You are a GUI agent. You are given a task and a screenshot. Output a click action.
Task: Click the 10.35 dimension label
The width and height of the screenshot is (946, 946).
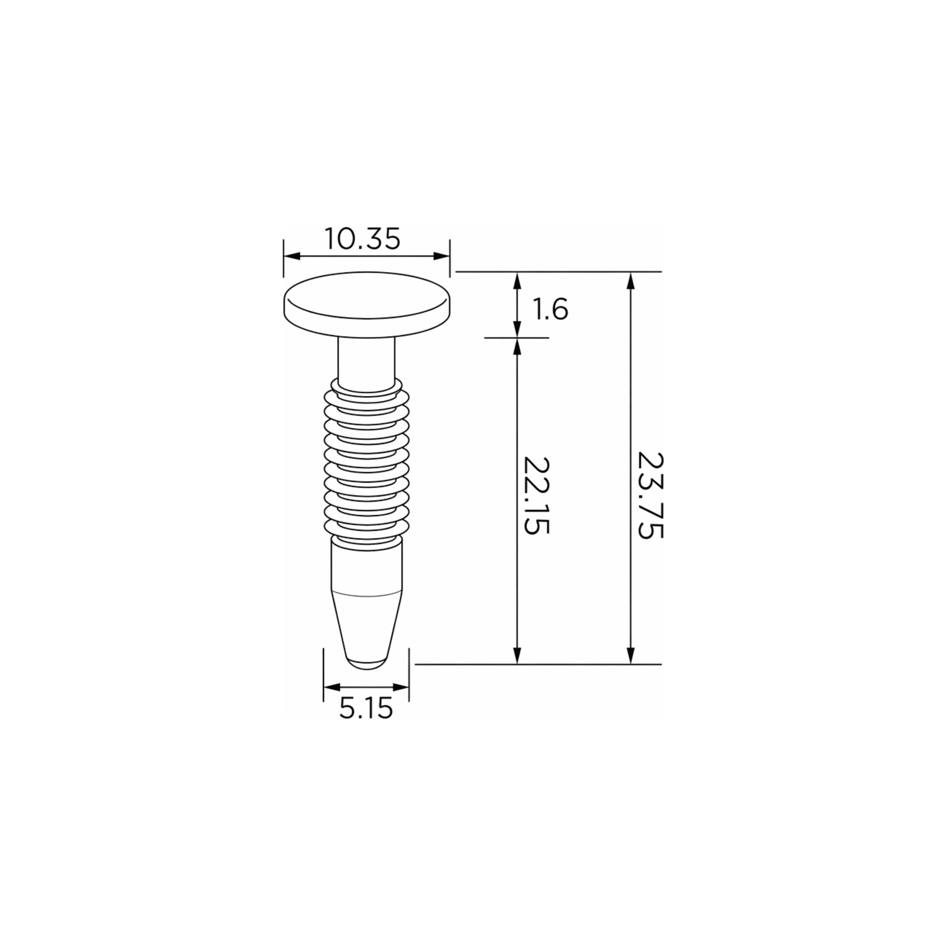[363, 238]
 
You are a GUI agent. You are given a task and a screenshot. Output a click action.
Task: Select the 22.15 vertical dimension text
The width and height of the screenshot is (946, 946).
[537, 496]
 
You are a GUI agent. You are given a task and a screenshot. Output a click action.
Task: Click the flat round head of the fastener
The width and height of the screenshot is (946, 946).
[367, 304]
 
